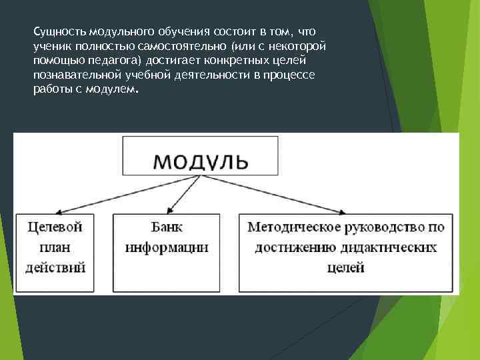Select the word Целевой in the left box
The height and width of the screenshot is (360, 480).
tap(55, 227)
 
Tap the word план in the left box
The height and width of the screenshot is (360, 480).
tap(55, 247)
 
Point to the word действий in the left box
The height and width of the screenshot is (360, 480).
tap(55, 268)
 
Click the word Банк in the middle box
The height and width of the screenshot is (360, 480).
tap(167, 227)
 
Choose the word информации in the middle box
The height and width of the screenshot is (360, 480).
tap(167, 247)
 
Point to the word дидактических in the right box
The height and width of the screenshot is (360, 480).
tap(390, 247)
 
